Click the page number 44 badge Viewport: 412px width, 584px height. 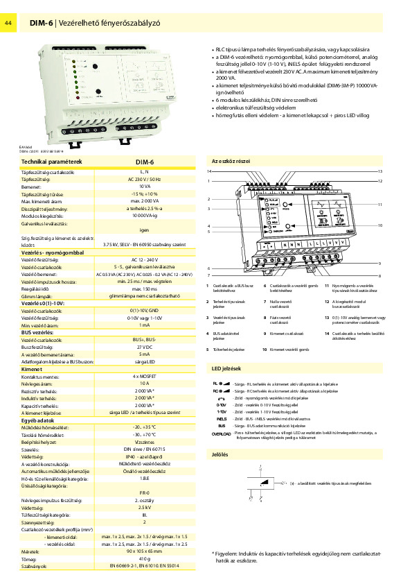click(x=10, y=24)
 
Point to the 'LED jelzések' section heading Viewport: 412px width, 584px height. click(x=226, y=368)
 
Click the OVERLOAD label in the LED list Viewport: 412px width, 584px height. click(x=221, y=433)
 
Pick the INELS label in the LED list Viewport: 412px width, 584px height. click(x=221, y=419)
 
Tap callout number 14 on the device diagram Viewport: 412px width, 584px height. click(x=208, y=171)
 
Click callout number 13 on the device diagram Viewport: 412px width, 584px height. click(x=380, y=171)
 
